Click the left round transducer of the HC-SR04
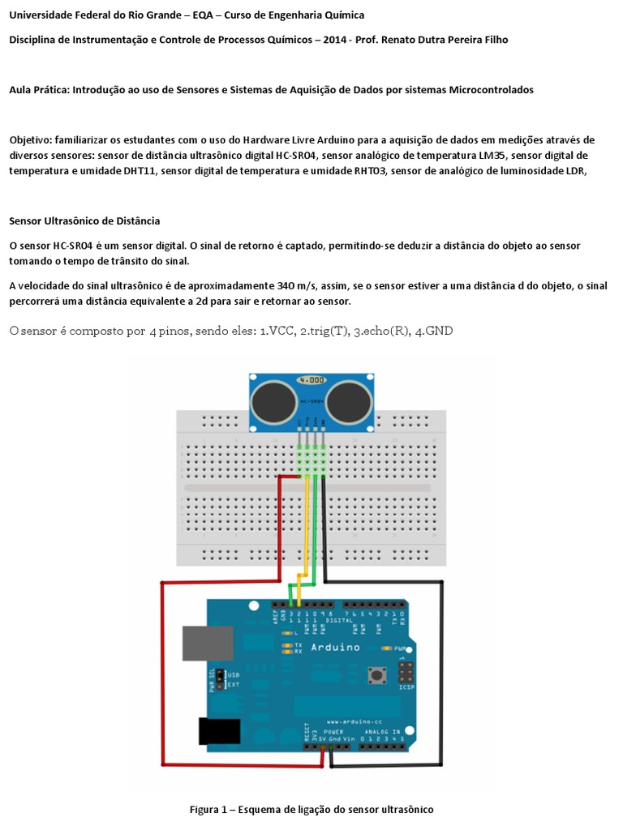point(274,402)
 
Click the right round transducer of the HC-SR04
point(352,402)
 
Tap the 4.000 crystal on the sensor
point(313,379)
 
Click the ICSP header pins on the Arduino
point(406,672)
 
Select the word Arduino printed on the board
point(335,647)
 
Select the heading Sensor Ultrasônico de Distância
point(84,220)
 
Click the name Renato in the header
point(423,39)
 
